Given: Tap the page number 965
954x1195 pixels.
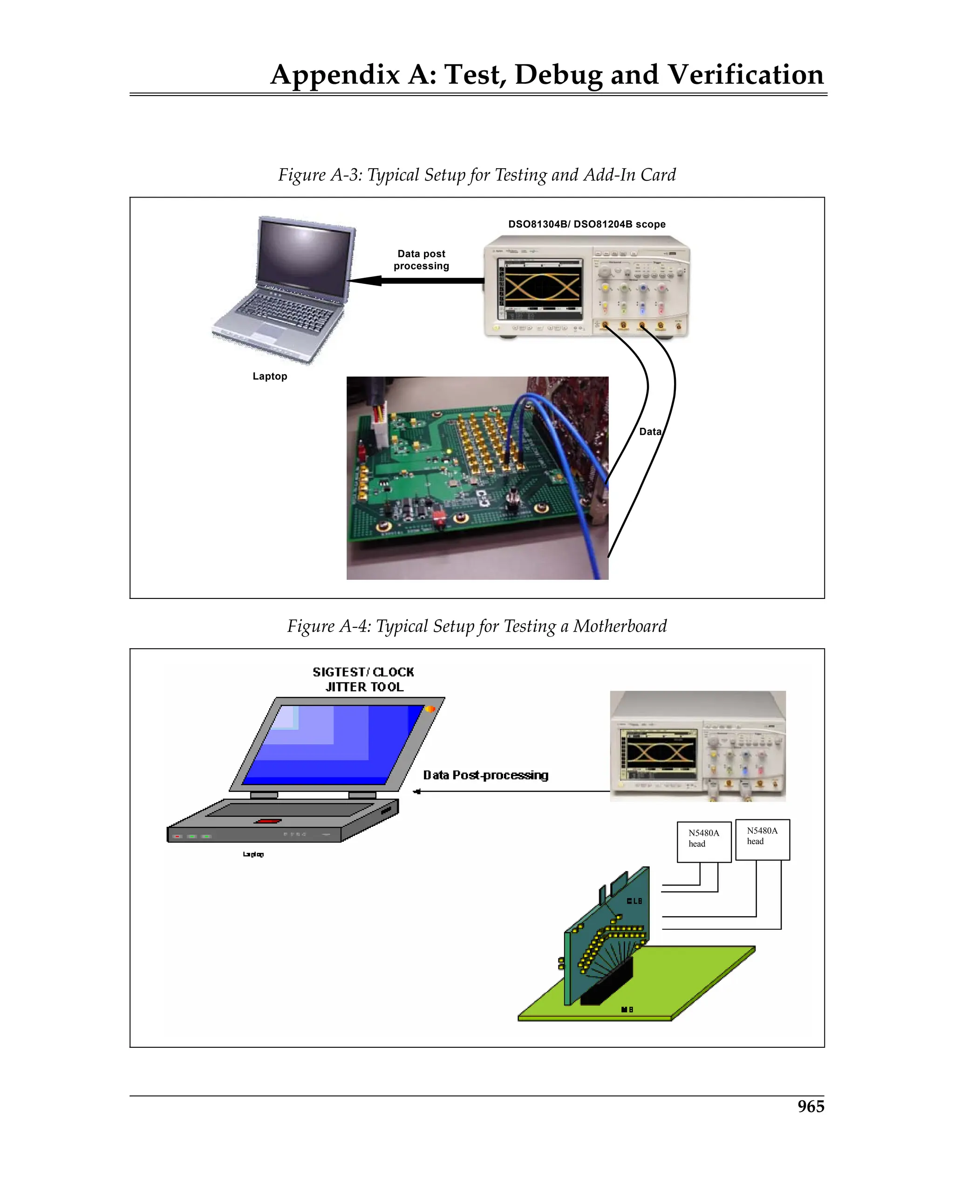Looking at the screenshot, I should pyautogui.click(x=811, y=1106).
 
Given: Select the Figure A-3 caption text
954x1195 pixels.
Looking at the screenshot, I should pyautogui.click(x=477, y=175).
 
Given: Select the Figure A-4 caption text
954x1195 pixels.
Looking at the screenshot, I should pyautogui.click(x=477, y=626).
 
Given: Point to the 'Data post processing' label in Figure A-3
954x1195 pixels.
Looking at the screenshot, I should pyautogui.click(x=421, y=260).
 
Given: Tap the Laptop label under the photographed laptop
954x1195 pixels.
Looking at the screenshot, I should pyautogui.click(x=270, y=376).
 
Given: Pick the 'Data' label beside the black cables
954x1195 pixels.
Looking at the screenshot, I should pyautogui.click(x=650, y=432).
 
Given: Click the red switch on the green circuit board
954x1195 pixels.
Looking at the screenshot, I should pyautogui.click(x=439, y=519).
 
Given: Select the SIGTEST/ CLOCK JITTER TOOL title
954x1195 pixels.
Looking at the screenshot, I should pyautogui.click(x=363, y=680).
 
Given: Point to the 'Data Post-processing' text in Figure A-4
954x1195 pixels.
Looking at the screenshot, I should pyautogui.click(x=486, y=776).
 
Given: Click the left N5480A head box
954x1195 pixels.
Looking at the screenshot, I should pyautogui.click(x=703, y=842).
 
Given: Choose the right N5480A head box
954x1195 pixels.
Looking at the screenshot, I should pyautogui.click(x=762, y=840).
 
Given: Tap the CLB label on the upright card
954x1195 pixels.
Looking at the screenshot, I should pyautogui.click(x=634, y=901).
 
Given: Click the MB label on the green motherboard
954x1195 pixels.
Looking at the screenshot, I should pyautogui.click(x=627, y=1010).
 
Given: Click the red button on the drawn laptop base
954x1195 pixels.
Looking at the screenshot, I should pyautogui.click(x=267, y=821).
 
